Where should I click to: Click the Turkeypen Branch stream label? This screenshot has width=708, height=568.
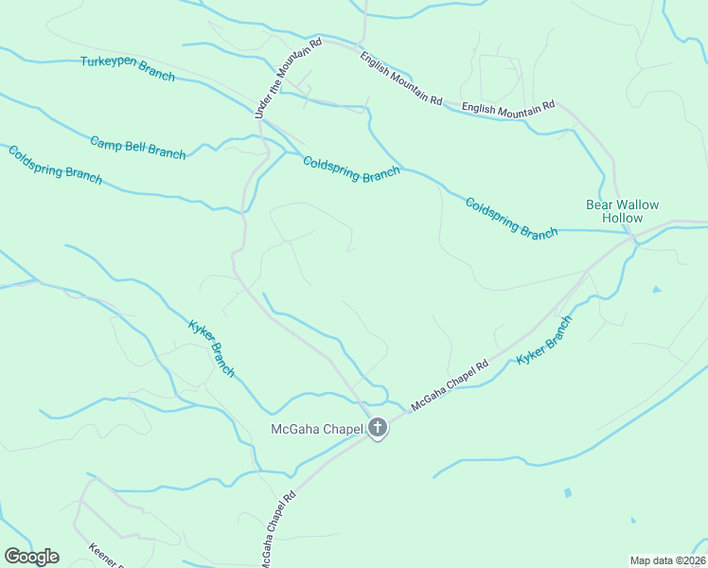127,69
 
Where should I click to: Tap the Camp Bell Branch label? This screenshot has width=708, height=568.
138,147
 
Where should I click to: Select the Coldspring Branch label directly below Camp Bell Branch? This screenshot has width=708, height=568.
54,166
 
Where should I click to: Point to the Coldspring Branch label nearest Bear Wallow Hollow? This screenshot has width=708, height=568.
511,218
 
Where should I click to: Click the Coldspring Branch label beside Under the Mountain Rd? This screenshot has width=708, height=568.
351,169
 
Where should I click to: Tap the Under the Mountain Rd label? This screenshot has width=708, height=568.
288,79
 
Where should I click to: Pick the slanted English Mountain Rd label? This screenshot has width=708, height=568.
400,78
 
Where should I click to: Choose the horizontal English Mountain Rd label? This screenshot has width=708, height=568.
507,109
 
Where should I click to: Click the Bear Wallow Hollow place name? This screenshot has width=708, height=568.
622,211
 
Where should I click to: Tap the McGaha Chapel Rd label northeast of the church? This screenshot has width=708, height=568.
450,385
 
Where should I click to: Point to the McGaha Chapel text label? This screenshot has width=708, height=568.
317,430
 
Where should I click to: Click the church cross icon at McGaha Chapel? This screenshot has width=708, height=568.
377,429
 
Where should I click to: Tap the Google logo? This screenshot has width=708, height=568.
31,557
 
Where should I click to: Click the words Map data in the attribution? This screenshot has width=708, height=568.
651,559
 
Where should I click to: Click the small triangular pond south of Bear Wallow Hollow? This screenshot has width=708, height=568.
657,289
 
